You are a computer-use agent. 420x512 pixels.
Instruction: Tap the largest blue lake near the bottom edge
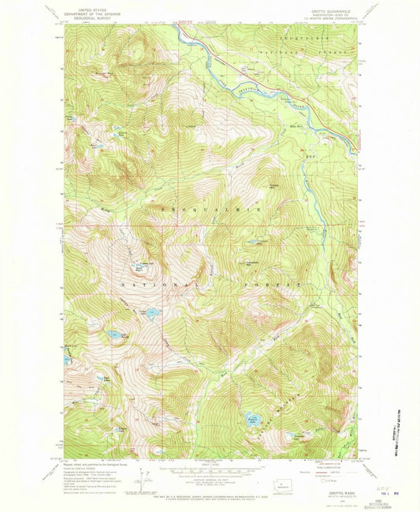coord(253,419)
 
